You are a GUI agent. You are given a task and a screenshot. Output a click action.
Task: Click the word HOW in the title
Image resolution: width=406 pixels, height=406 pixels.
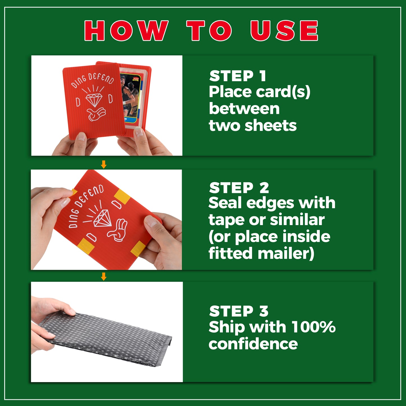126,31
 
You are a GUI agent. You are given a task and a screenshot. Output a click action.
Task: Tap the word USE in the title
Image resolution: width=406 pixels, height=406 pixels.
284,31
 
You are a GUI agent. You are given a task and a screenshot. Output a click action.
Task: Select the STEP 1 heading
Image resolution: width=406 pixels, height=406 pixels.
238,76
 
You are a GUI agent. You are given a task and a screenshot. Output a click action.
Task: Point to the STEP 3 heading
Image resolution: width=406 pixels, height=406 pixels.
239,311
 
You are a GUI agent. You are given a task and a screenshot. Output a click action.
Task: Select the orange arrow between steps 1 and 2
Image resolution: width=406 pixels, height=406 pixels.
103,164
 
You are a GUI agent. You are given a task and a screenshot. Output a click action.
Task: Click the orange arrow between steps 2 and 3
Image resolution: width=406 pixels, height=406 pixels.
103,276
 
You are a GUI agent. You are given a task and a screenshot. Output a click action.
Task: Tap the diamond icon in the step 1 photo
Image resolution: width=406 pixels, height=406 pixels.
94,99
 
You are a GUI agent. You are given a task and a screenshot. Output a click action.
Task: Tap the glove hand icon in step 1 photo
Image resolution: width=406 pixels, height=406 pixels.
96,114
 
